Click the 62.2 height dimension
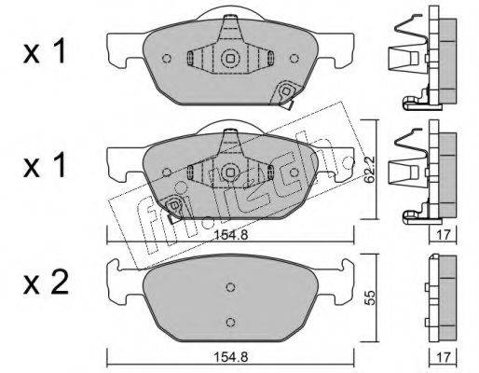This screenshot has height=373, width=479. (x=370, y=170)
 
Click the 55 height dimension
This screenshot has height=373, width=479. (x=370, y=297)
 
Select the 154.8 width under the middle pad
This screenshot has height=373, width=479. (x=230, y=235)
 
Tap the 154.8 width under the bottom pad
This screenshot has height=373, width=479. (x=230, y=357)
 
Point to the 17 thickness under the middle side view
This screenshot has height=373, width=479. (x=444, y=235)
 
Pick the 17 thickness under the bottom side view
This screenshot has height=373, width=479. (x=444, y=357)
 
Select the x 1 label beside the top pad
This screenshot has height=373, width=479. (x=45, y=50)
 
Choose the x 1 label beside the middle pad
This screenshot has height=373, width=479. (x=45, y=165)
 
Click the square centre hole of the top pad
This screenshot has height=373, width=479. (x=230, y=58)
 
